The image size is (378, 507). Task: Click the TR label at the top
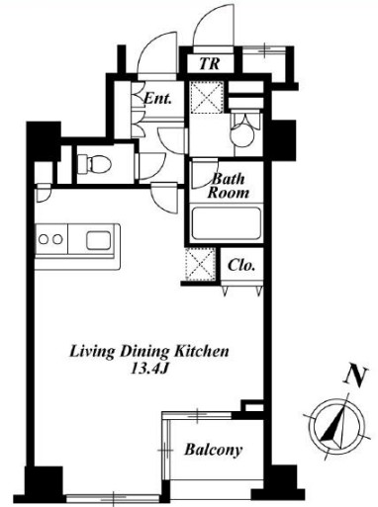pyautogui.click(x=210, y=63)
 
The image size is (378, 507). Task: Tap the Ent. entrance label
pyautogui.click(x=158, y=98)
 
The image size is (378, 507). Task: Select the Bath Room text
pyautogui.click(x=228, y=186)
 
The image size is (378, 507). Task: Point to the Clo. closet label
pyautogui.click(x=241, y=265)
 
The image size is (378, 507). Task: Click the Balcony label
pyautogui.click(x=214, y=450)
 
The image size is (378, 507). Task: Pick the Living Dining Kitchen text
pyautogui.click(x=148, y=352)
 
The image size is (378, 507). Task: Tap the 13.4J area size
pyautogui.click(x=149, y=369)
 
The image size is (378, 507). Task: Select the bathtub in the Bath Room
pyautogui.click(x=227, y=223)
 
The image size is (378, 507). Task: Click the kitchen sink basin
pyautogui.click(x=98, y=240)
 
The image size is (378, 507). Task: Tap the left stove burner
pyautogui.click(x=44, y=239)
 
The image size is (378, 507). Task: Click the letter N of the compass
pyautogui.click(x=355, y=376)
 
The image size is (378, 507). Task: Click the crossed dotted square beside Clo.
pyautogui.click(x=201, y=264)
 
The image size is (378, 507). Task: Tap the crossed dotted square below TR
pyautogui.click(x=207, y=97)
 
